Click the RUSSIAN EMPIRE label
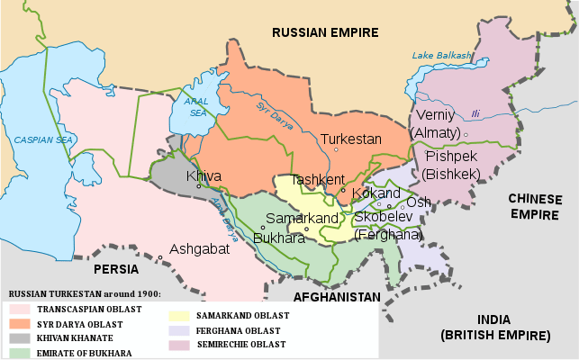325,32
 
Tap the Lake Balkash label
442,56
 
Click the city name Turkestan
351,139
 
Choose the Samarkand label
302,219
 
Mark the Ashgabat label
199,249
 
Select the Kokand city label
376,193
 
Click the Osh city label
419,202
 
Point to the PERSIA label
113,268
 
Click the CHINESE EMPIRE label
535,206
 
